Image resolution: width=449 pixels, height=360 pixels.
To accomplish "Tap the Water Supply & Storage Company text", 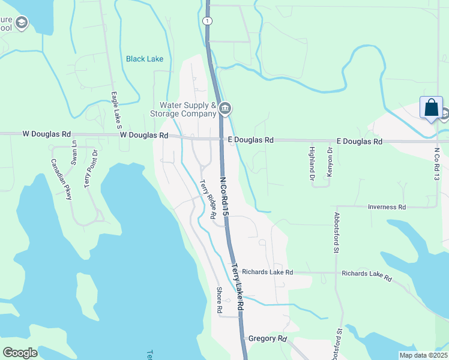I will [187, 109].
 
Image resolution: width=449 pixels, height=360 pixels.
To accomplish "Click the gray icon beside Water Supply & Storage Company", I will [225, 109].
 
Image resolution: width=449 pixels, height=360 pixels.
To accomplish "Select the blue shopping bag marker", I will [431, 108].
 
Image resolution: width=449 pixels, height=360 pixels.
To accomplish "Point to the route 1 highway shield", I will [208, 21].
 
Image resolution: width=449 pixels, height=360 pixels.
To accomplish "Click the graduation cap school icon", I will [22, 23].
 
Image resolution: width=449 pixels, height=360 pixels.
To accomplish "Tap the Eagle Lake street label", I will [116, 111].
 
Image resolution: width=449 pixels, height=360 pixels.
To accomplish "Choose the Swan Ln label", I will [74, 152].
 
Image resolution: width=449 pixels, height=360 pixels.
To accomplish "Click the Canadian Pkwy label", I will [62, 179].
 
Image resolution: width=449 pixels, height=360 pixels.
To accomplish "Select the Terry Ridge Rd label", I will [208, 199].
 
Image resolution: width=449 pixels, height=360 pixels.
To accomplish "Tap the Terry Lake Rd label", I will [238, 287].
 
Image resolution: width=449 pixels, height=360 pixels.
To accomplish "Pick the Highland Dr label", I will [312, 163].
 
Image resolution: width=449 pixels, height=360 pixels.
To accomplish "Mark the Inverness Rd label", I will [387, 207].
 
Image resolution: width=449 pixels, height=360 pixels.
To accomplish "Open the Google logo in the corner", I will [20, 352].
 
